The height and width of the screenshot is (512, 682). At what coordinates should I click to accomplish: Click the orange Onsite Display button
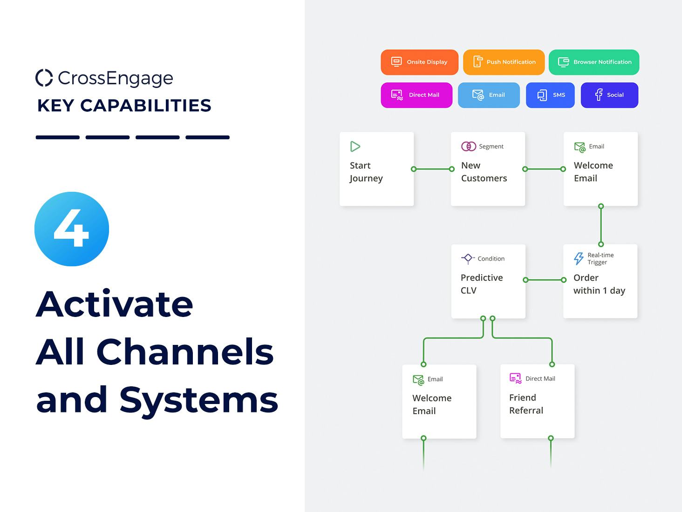coord(419,62)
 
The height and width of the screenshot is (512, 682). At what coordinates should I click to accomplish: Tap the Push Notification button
coord(504,62)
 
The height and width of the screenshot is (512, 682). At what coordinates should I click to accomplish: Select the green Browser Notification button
coord(594,62)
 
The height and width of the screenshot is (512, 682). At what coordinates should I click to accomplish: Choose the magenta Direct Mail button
coord(416,95)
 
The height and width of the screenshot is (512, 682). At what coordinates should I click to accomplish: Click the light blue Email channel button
coord(489,95)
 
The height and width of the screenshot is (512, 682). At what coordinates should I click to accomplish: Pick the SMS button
coord(550,95)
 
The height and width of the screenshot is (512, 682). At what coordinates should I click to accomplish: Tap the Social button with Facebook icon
coord(609,95)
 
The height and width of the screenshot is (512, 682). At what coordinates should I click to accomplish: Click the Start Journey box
coord(376,169)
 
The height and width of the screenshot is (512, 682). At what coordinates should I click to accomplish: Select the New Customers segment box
coord(488,169)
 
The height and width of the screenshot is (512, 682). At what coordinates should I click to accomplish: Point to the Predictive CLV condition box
coord(488,281)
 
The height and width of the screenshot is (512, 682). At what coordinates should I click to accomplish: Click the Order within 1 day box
coord(600,281)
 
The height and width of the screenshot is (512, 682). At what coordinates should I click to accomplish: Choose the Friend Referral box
coord(537,401)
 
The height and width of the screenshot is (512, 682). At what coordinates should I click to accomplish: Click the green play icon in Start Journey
coord(355,147)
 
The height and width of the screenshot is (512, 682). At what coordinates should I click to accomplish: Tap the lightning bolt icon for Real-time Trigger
coord(579,258)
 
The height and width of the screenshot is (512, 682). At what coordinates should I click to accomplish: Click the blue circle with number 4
coord(72,229)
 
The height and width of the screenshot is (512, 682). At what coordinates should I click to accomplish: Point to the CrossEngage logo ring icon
coord(44,78)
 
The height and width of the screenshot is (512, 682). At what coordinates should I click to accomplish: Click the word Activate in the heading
coord(115,304)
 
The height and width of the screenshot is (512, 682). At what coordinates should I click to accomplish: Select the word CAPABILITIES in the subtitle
coord(146,106)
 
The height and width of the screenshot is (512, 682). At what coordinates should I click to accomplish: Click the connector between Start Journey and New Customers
coord(432,169)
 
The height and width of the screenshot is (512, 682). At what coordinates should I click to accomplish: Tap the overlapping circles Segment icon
coord(468,146)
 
